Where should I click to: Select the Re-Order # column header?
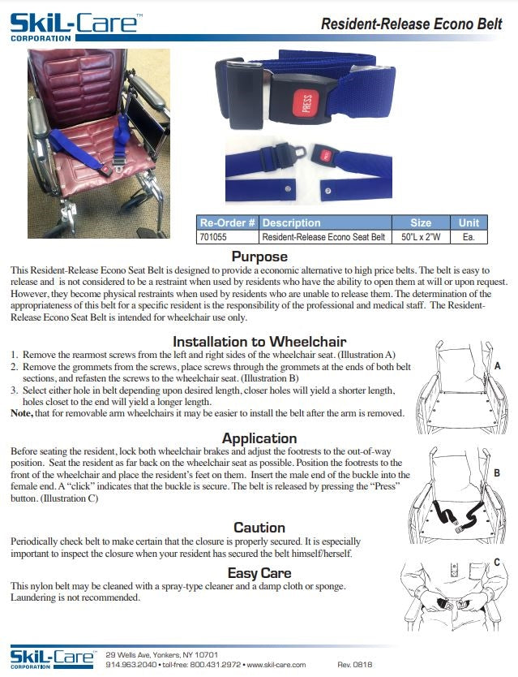(x=228, y=222)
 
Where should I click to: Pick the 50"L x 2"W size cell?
(x=420, y=237)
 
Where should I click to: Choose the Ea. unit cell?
(x=469, y=237)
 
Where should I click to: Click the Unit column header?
(x=469, y=222)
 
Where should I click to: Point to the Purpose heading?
(x=259, y=257)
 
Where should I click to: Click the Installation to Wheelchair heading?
(x=259, y=342)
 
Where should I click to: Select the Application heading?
(x=259, y=438)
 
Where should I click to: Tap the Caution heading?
(x=259, y=528)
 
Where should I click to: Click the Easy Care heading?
(x=259, y=573)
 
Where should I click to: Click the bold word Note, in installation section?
(x=22, y=413)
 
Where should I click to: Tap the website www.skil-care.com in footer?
(x=276, y=664)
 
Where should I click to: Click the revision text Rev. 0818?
(x=354, y=664)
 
